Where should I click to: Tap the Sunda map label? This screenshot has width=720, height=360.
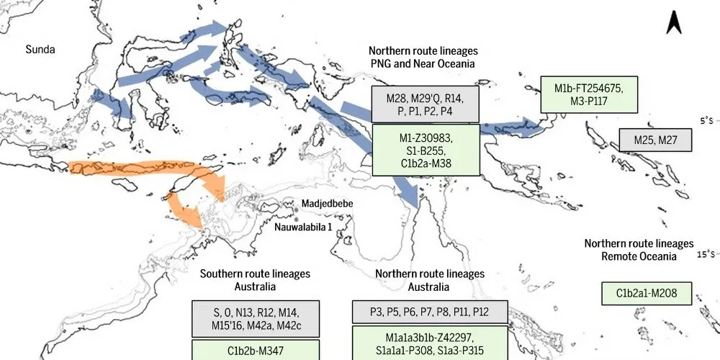[40, 50]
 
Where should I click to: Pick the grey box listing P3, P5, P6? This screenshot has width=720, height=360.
[429, 311]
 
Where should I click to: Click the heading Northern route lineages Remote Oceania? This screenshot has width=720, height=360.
[639, 250]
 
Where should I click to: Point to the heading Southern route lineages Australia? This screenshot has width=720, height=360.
[255, 280]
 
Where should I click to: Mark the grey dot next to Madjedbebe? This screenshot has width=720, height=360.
[296, 204]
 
